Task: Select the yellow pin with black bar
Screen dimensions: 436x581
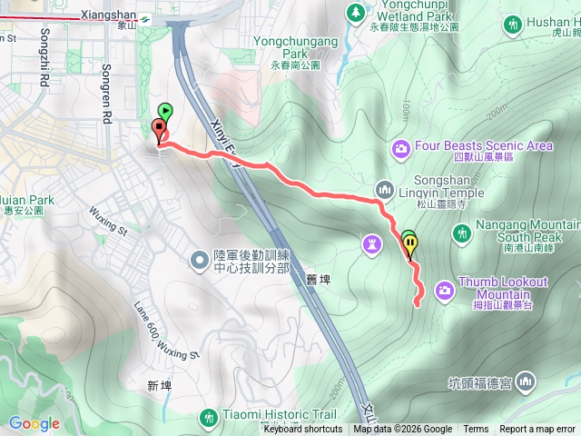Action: [411, 243]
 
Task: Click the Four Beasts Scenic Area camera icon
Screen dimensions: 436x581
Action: [401, 147]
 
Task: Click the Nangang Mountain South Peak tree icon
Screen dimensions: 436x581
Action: [462, 233]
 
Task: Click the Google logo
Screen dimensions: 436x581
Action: [34, 423]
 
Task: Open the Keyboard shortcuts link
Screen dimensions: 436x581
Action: [303, 430]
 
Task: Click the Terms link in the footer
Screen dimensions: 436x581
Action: [476, 430]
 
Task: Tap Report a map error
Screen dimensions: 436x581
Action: [538, 430]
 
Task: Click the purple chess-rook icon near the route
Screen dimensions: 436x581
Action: [371, 243]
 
